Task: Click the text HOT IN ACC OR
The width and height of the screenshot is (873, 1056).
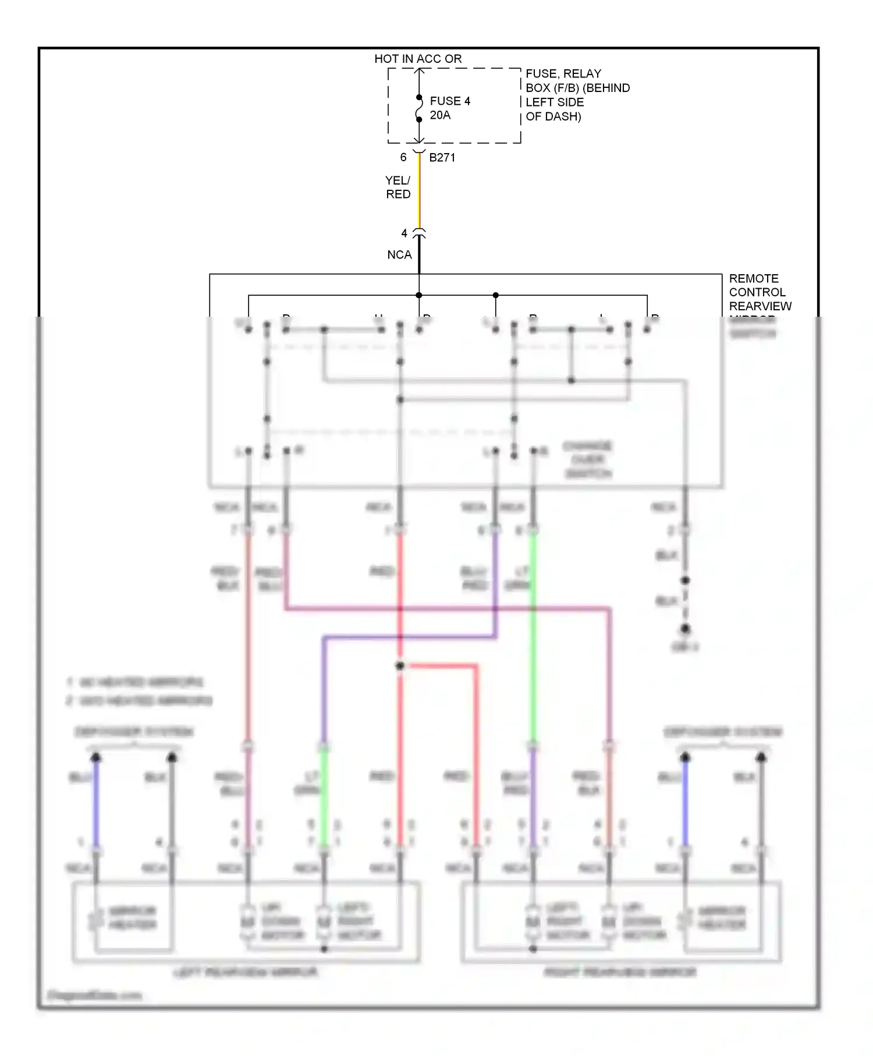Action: coord(418,59)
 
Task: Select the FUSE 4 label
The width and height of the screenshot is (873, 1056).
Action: coord(450,101)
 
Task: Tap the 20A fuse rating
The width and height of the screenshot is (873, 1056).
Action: coord(440,115)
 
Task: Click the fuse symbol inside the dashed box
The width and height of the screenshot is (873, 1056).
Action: coord(419,109)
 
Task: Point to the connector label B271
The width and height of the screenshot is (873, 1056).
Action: coord(442,158)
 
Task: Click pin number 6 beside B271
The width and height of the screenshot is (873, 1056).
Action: coord(403,158)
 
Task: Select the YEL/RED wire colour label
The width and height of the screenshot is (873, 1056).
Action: coord(398,187)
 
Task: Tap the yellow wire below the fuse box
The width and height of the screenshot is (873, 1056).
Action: coord(419,192)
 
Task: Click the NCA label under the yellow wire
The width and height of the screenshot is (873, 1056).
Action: coord(399,255)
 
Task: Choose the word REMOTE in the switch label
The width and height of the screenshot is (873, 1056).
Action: coord(754,279)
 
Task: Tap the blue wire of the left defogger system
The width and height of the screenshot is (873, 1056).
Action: coord(96,803)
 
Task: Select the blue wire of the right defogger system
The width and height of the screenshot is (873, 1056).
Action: coord(686,803)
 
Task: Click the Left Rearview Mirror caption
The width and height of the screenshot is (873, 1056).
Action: coord(246,972)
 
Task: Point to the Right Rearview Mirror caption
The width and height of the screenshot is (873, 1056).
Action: coord(620,972)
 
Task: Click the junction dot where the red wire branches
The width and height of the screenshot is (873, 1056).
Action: coord(400,665)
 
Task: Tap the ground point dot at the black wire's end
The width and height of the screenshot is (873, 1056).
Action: coord(686,629)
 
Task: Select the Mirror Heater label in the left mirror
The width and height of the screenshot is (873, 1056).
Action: coord(133,918)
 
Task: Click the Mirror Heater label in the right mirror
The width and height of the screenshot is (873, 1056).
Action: coord(722,918)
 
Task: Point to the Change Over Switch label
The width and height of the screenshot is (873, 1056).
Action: coord(588,460)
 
